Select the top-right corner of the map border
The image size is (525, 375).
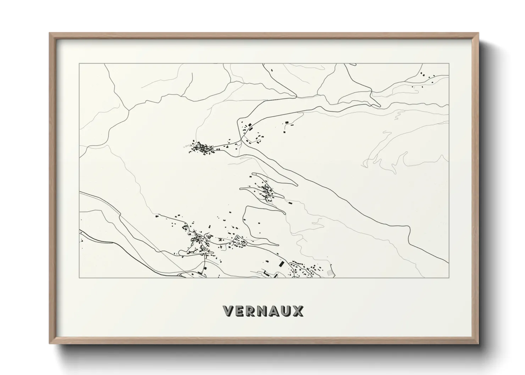pyautogui.click(x=449, y=64)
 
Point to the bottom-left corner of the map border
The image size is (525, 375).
pyautogui.click(x=79, y=278)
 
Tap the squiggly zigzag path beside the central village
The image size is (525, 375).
pyautogui.click(x=186, y=146)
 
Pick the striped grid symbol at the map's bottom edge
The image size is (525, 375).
pyautogui.click(x=330, y=273)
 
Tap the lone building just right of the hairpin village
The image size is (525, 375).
pyautogui.click(x=290, y=203)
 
